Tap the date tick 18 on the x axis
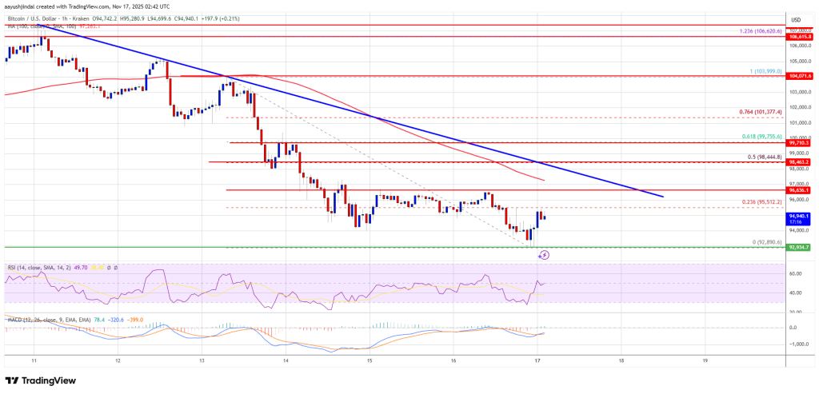coord(621,360)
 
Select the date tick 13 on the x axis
coord(202,360)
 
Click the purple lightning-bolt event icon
coord(544,256)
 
